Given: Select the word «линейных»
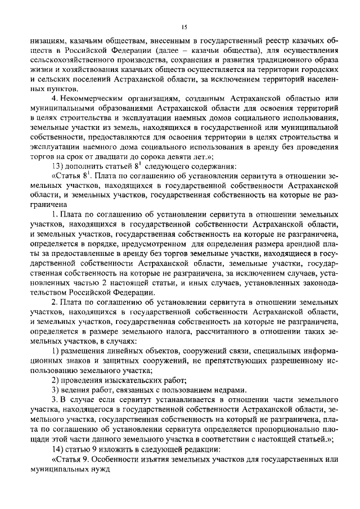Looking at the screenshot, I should (x=116, y=352).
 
